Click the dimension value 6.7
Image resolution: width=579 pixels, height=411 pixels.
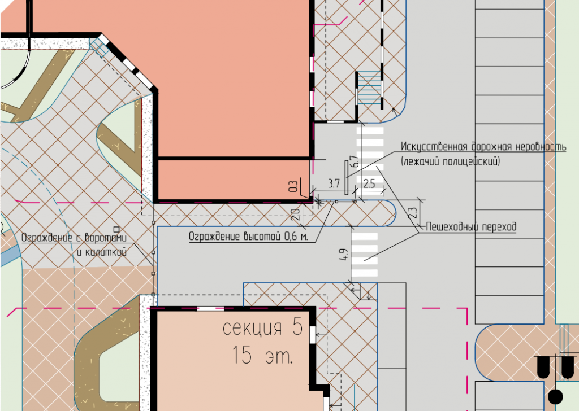pos(355,161)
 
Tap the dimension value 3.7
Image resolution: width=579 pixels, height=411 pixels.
pos(334,183)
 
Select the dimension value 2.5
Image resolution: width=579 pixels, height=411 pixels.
pos(369,183)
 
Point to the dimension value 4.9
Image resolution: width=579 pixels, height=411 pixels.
pos(343,255)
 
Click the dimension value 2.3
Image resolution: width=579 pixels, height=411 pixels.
pos(413,213)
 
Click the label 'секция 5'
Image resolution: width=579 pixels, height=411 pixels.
pos(263,327)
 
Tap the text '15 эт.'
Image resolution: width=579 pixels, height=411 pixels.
pos(262,355)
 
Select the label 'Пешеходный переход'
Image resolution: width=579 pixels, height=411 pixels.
pos(471,227)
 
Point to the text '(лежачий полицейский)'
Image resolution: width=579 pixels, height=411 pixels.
pos(451,161)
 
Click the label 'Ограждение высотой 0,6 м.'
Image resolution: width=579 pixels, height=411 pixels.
pos(248,237)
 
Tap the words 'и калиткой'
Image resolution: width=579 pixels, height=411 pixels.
pos(102,252)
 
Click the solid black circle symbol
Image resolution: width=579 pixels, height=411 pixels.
pos(555,397)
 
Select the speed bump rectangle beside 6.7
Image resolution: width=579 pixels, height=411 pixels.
pos(347,177)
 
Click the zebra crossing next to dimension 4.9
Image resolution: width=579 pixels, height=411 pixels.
pos(365,255)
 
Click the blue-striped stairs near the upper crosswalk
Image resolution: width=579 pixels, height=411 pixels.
pos(369,88)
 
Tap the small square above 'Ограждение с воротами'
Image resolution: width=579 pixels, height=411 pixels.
pos(116,229)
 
